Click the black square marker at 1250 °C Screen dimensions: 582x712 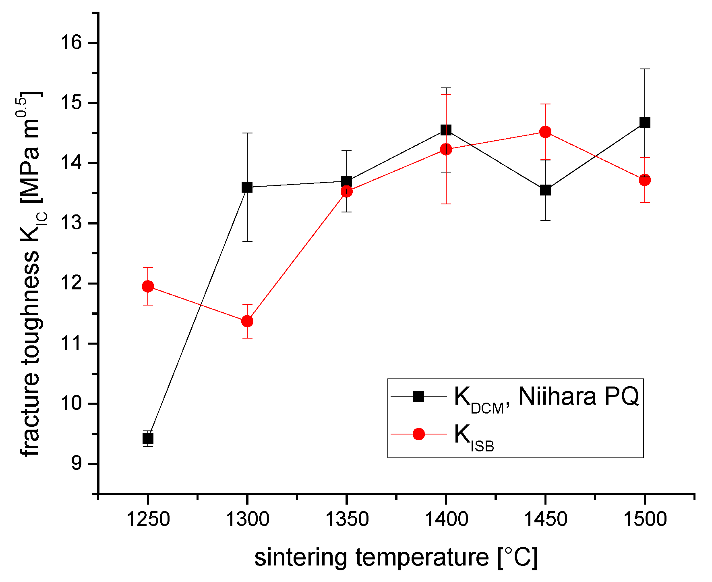[148, 439]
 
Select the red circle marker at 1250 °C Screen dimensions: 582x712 [148, 287]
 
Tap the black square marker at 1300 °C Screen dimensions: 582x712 [247, 187]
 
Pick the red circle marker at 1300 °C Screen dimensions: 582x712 [247, 321]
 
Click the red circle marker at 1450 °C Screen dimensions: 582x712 [545, 132]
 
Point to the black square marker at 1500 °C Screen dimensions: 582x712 [645, 123]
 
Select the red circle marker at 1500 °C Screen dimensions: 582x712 [645, 180]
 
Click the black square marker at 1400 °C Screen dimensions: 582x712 [446, 130]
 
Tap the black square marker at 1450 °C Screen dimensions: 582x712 [545, 190]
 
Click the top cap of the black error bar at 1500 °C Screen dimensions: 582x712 [645, 69]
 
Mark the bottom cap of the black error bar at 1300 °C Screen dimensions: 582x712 [247, 241]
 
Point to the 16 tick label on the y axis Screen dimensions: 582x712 [71, 43]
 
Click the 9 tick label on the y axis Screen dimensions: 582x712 [77, 464]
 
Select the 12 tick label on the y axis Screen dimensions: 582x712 [71, 283]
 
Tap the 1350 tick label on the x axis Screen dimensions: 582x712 [346, 519]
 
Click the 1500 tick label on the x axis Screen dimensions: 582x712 [645, 519]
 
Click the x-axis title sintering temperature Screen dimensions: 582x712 [396, 558]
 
